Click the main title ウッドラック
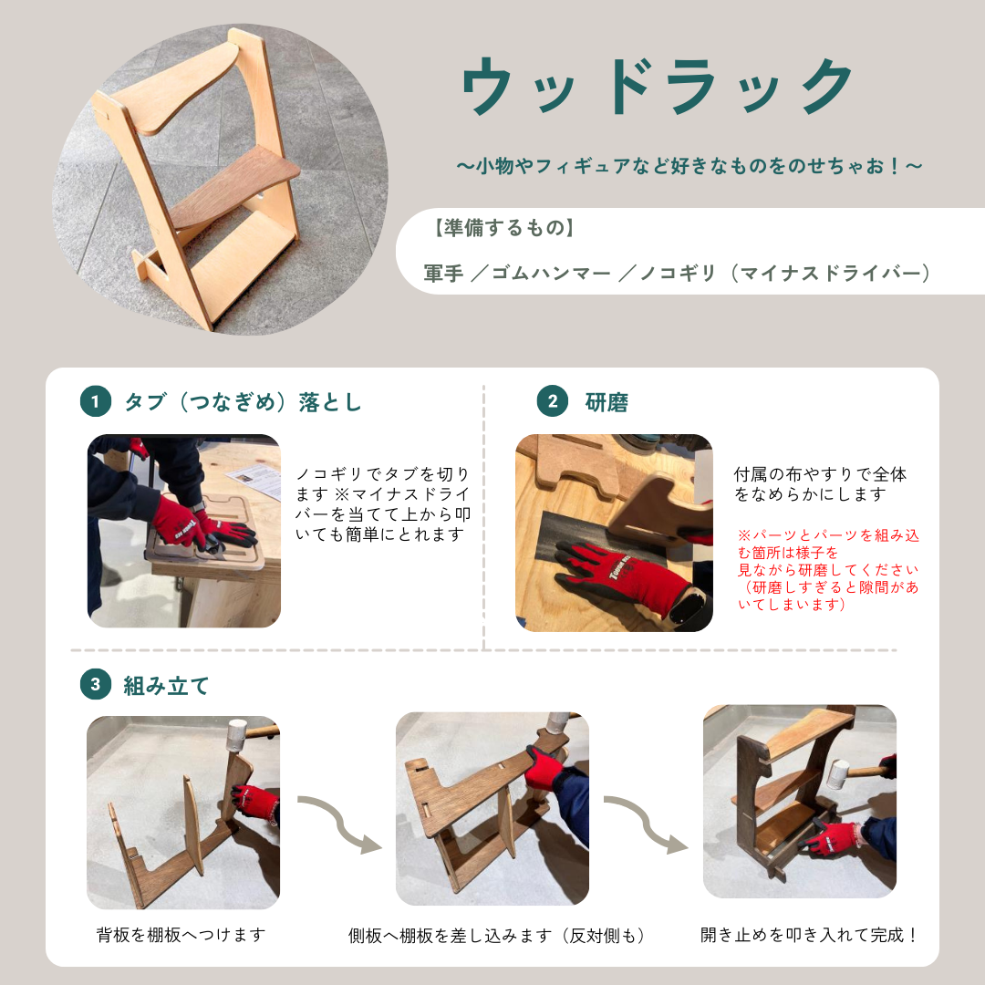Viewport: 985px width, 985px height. pos(657,87)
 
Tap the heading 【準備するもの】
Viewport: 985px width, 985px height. pos(504,227)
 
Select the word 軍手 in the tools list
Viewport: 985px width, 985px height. pos(443,274)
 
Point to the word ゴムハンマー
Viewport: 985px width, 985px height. pos(551,274)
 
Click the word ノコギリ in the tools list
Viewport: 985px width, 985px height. pos(678,274)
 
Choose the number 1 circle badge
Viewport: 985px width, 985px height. pos(96,401)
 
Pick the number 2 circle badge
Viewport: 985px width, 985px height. pos(552,401)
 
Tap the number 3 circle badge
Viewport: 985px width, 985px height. pos(96,684)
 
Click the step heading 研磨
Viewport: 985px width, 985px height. pos(607,402)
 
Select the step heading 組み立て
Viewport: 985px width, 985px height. pos(166,685)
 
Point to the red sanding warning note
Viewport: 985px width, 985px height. pos(828,570)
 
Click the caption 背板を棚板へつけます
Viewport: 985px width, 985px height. pos(181,935)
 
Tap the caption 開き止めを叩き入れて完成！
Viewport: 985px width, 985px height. pos(809,935)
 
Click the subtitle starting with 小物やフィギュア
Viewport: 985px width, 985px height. pos(689,167)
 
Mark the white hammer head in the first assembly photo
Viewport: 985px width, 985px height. pos(237,733)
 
